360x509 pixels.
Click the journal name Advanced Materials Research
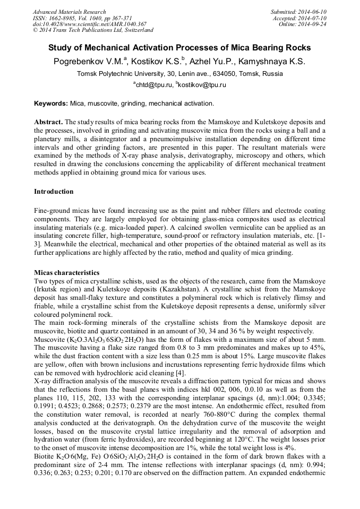tap(70, 12)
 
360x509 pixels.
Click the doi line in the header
tap(82, 24)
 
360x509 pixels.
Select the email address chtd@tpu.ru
tap(153, 84)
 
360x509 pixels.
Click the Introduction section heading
tap(54, 191)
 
